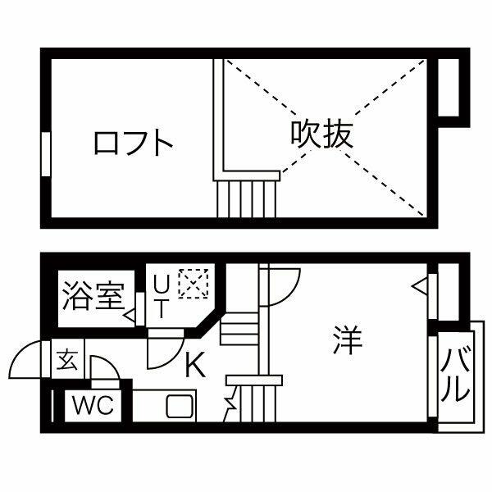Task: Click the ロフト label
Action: (x=134, y=143)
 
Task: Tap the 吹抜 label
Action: (x=321, y=134)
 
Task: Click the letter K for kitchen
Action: (x=194, y=365)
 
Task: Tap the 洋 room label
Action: (x=347, y=340)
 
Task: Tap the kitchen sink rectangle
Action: (x=178, y=406)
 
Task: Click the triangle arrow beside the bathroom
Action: (x=130, y=314)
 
